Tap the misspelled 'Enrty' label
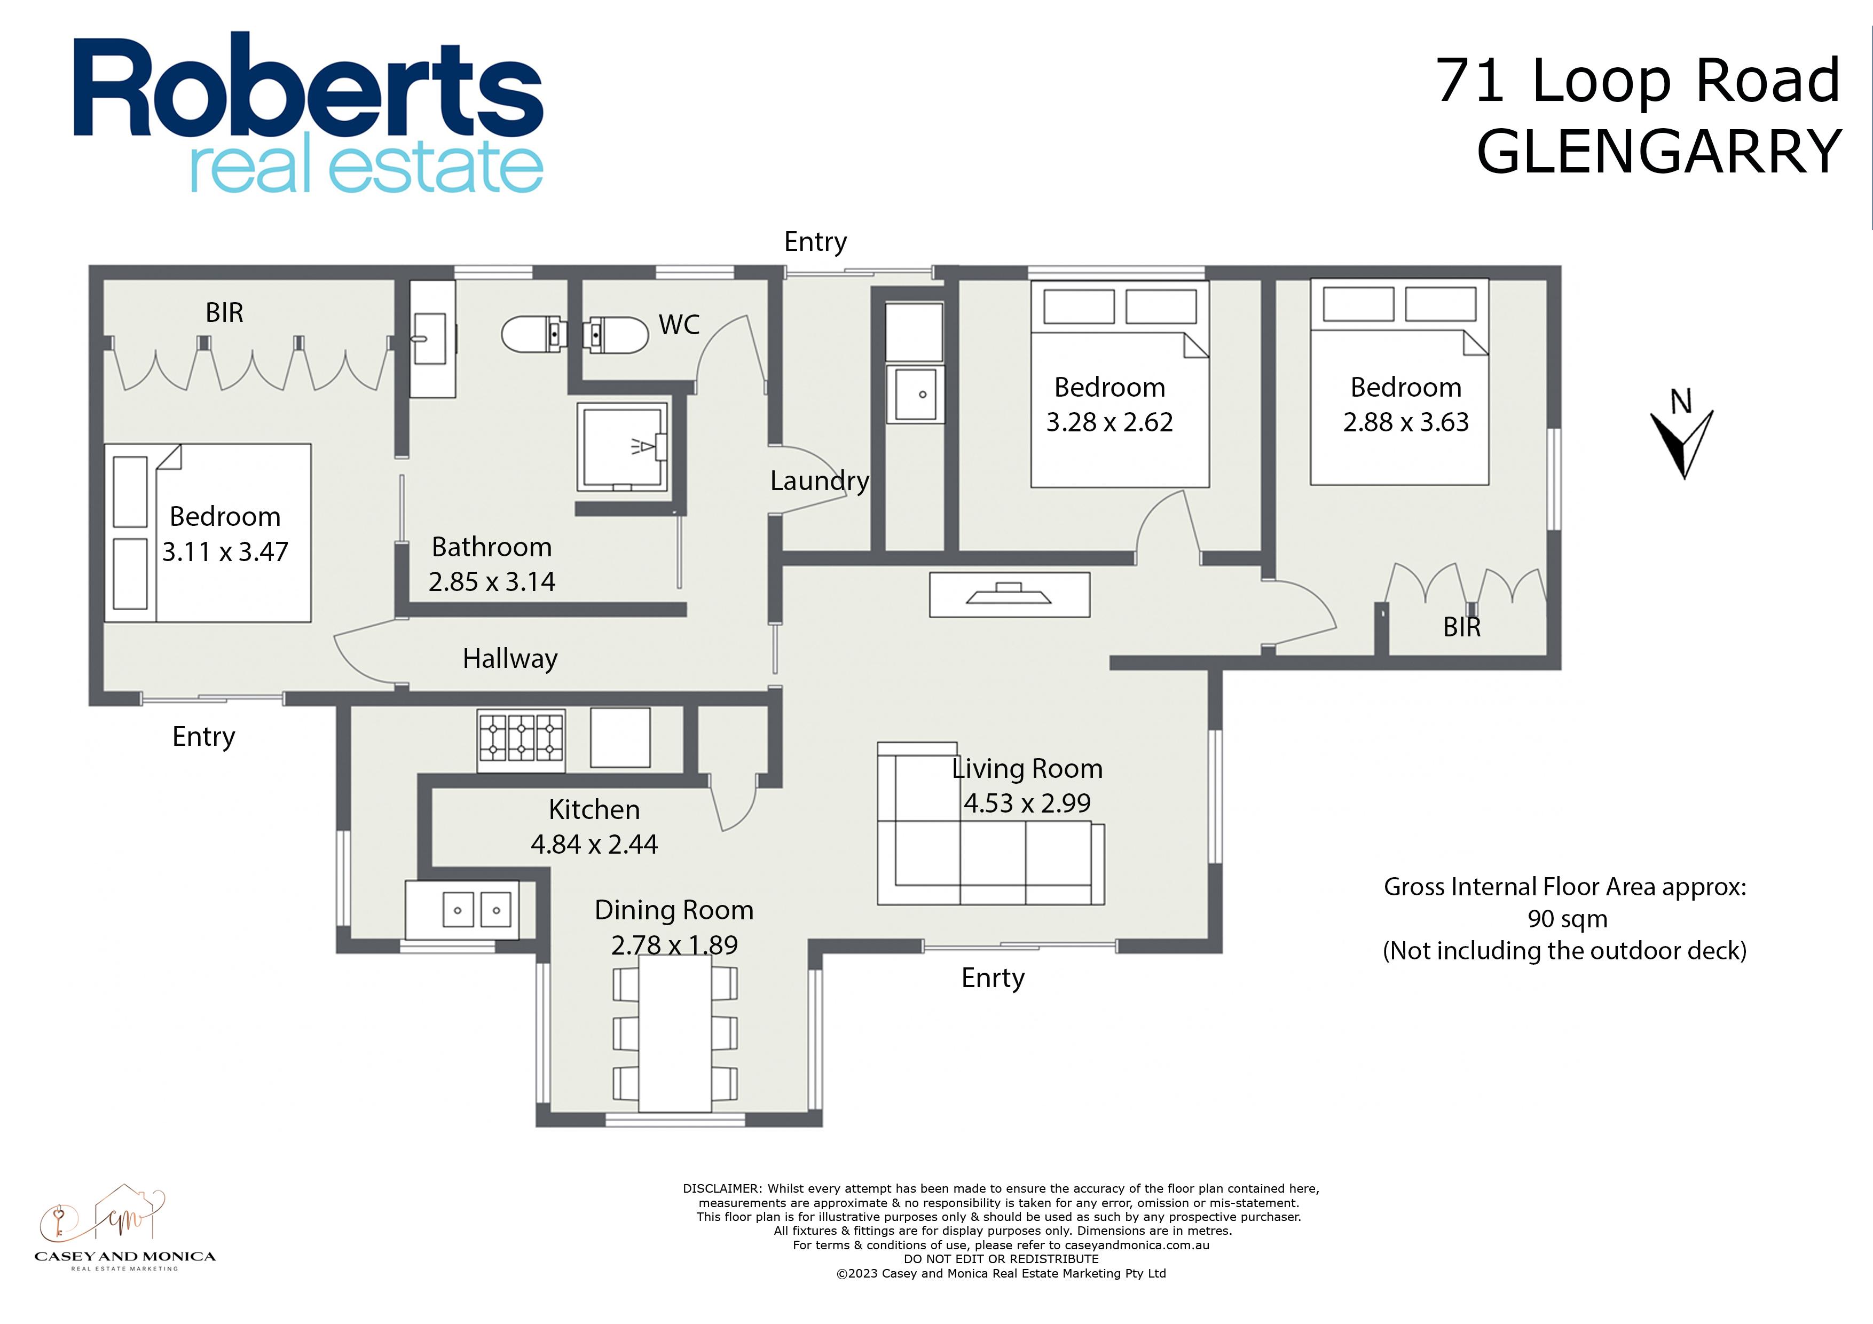click(993, 978)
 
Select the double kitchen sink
click(462, 910)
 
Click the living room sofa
click(991, 824)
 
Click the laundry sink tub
click(915, 394)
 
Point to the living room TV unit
click(1009, 594)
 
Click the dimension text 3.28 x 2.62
click(1109, 422)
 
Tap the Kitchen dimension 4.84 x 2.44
click(594, 844)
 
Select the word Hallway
click(510, 658)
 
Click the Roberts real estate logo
click(309, 113)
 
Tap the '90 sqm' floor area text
click(1567, 919)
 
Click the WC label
click(679, 325)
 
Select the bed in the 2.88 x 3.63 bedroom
click(1399, 382)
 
